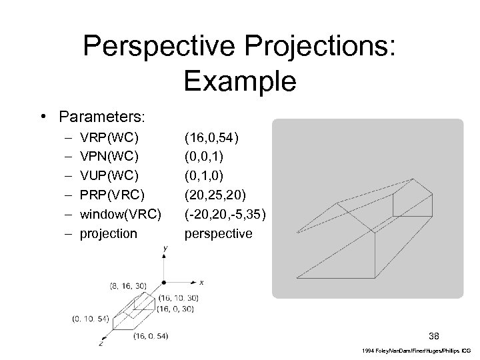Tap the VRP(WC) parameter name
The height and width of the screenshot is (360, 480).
pos(109,138)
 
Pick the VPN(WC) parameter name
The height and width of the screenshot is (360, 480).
pos(109,157)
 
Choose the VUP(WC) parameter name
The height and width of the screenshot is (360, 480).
pos(109,176)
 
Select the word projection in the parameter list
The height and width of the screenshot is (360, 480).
pos(108,233)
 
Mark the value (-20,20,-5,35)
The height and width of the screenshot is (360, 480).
pos(225,215)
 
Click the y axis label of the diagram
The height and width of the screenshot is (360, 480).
pos(164,248)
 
